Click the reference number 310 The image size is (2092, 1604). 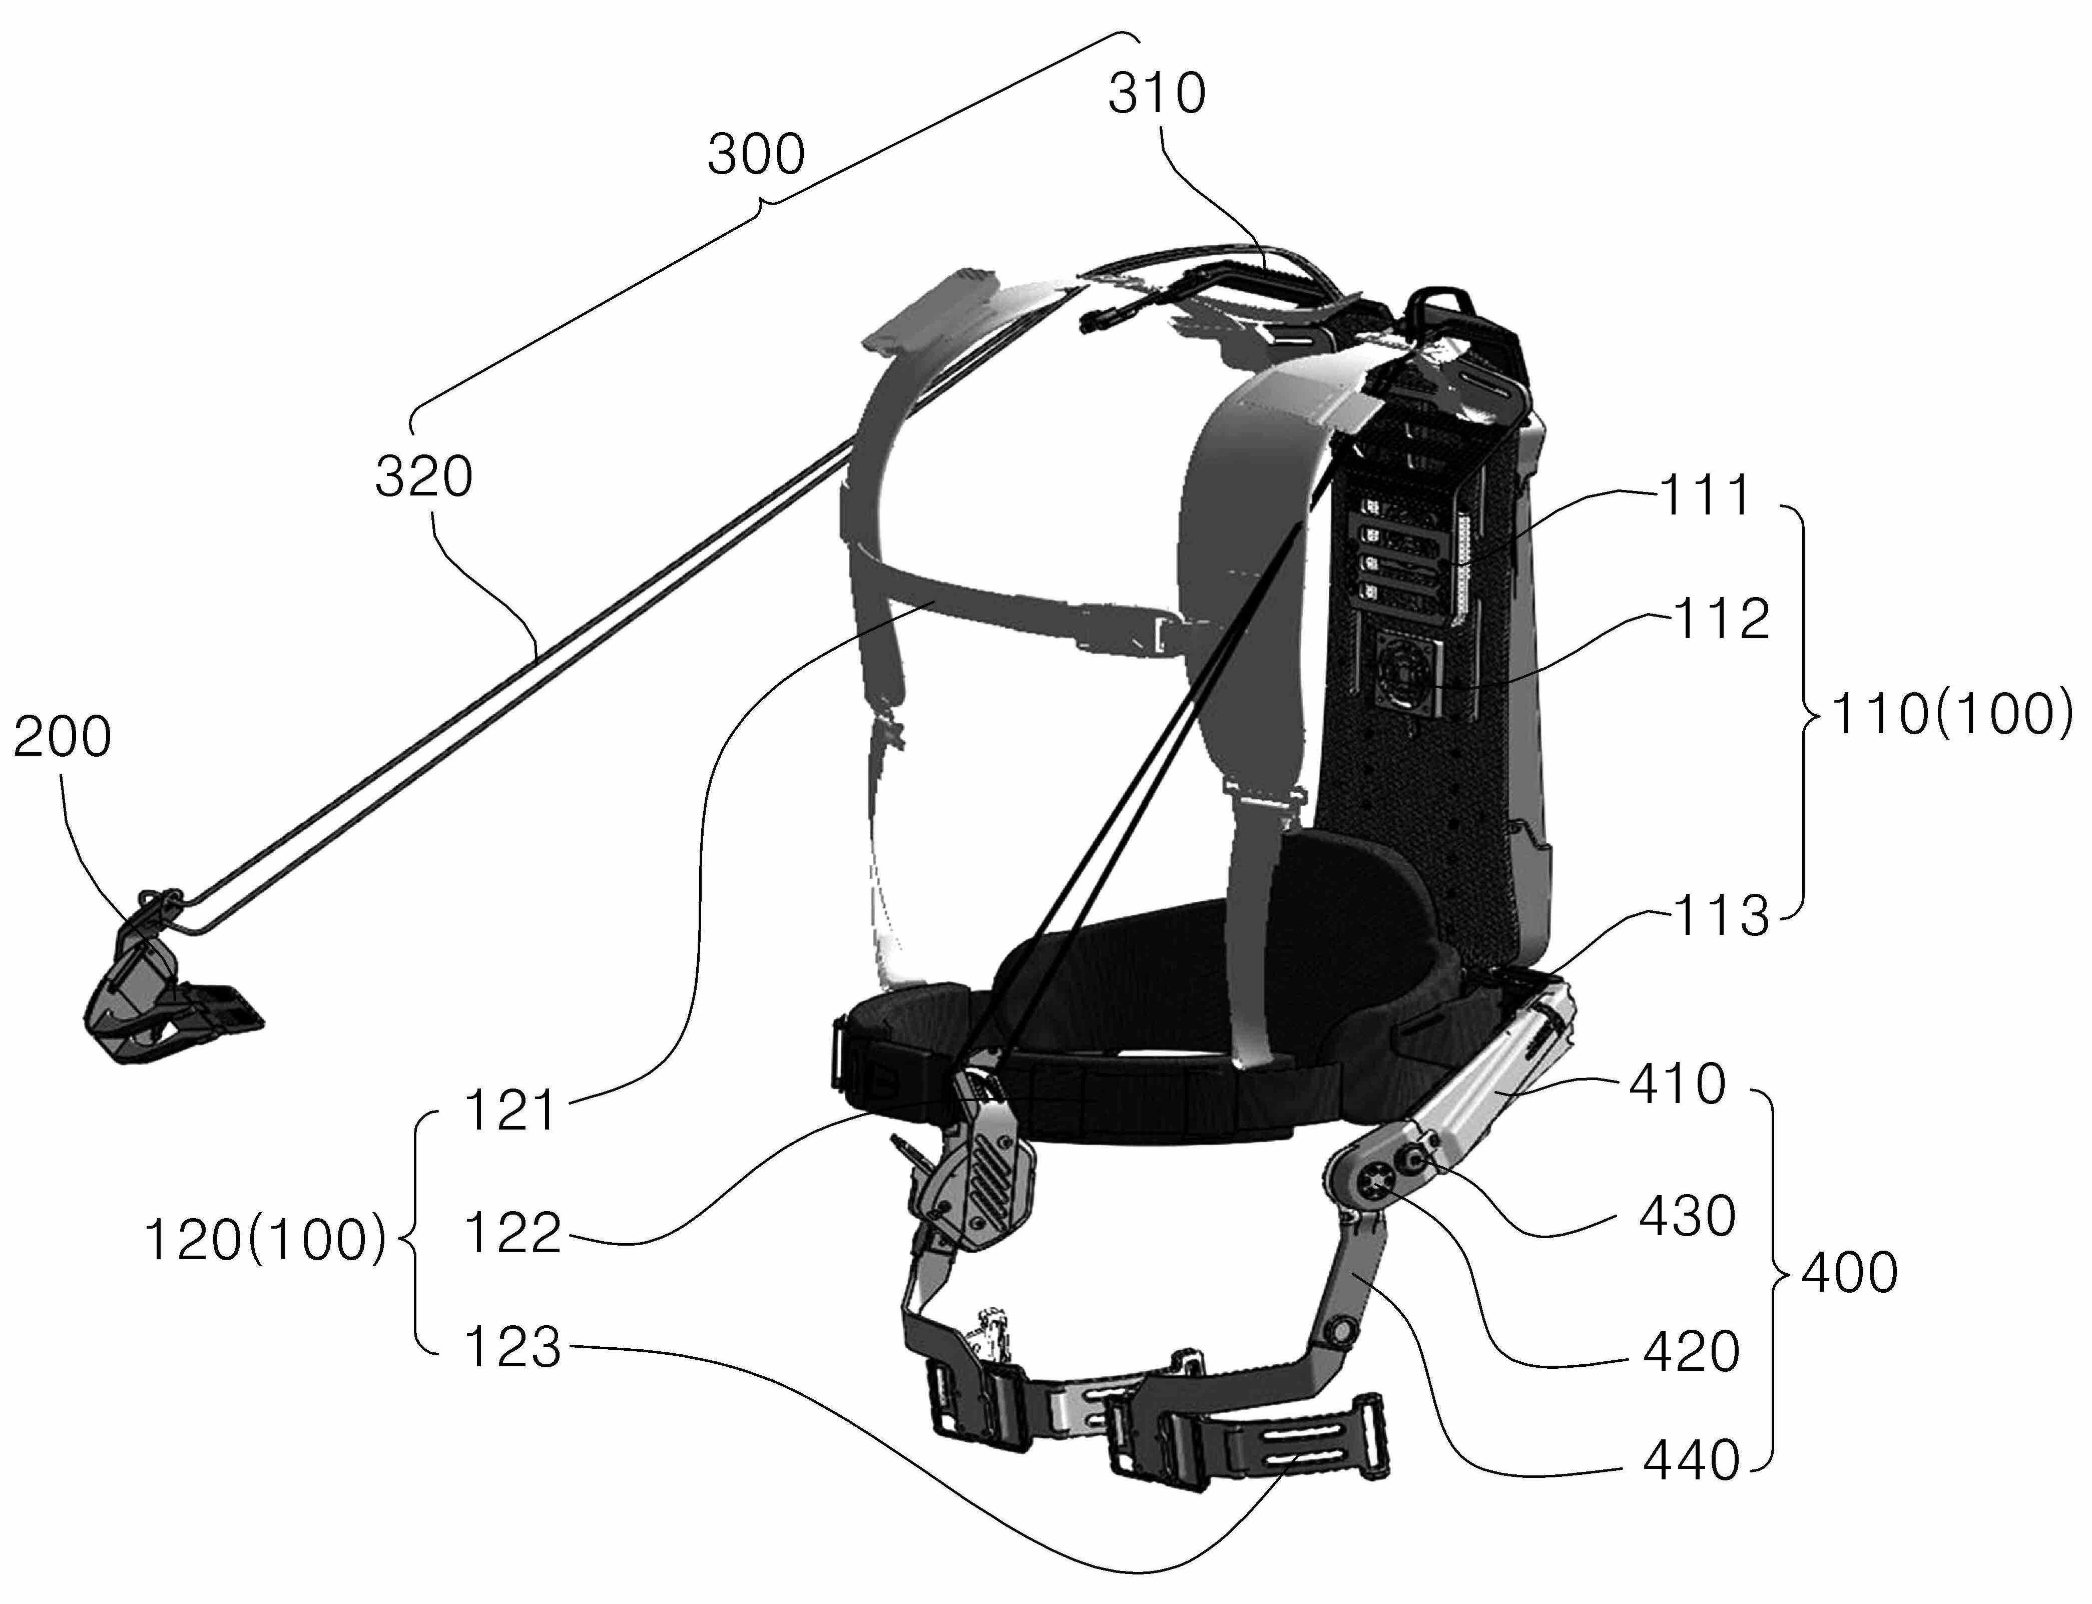(x=1156, y=95)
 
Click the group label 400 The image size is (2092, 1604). (x=1849, y=1273)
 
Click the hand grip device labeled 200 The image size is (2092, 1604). (x=162, y=993)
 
